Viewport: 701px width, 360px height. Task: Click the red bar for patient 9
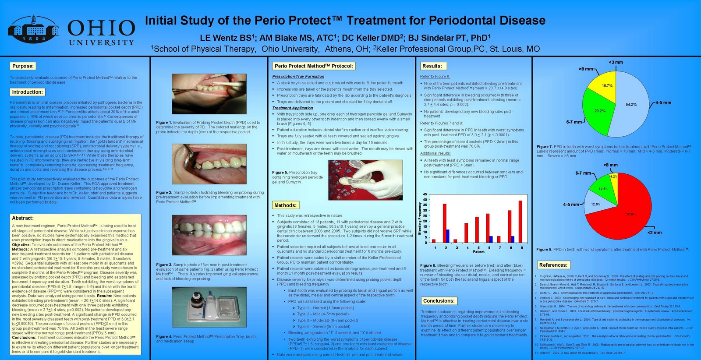tap(520, 222)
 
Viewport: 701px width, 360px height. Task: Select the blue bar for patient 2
tap(448, 236)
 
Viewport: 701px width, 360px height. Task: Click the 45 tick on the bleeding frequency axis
tap(425, 194)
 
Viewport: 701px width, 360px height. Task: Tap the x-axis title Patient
tap(478, 252)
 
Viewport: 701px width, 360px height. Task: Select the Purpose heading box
tap(23, 66)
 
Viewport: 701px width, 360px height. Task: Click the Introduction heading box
tap(27, 92)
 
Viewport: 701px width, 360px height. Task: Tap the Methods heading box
tap(285, 205)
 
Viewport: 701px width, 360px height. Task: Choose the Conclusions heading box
tap(439, 301)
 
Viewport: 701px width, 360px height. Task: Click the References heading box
tap(553, 265)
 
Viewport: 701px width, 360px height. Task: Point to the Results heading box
tap(432, 66)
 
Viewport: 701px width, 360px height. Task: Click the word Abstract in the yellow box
tap(23, 218)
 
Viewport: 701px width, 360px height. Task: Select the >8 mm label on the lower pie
tap(610, 165)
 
